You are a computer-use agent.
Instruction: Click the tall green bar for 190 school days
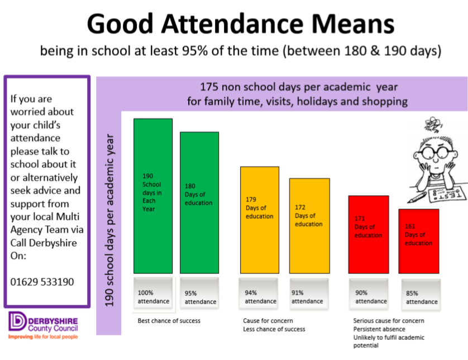click(152, 195)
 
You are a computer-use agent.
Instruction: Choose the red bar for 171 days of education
click(368, 235)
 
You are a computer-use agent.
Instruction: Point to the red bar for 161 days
click(418, 241)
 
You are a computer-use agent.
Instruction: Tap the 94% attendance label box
click(260, 296)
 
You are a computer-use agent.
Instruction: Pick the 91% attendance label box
click(307, 296)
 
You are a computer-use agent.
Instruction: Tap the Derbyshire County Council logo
click(44, 326)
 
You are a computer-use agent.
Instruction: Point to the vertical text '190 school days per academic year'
click(109, 219)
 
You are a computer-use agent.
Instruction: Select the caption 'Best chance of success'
click(169, 321)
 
